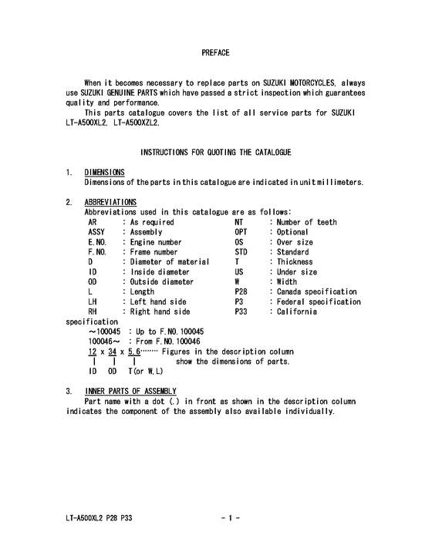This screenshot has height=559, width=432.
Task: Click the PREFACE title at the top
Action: click(215, 53)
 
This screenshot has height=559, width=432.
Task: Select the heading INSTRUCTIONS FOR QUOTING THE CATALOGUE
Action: click(215, 153)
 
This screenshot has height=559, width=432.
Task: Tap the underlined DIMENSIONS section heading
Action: click(105, 172)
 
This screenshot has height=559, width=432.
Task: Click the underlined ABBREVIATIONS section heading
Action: click(110, 202)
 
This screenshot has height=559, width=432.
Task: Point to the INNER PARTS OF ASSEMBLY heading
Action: click(131, 391)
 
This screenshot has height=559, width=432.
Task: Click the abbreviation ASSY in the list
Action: click(98, 232)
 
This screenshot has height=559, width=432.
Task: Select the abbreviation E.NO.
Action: click(98, 242)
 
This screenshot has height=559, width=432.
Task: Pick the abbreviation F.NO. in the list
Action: click(98, 252)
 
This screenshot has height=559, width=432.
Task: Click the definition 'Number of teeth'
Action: click(305, 222)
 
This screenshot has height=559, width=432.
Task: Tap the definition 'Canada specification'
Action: click(316, 292)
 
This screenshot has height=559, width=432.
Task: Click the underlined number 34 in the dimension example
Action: click(112, 352)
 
